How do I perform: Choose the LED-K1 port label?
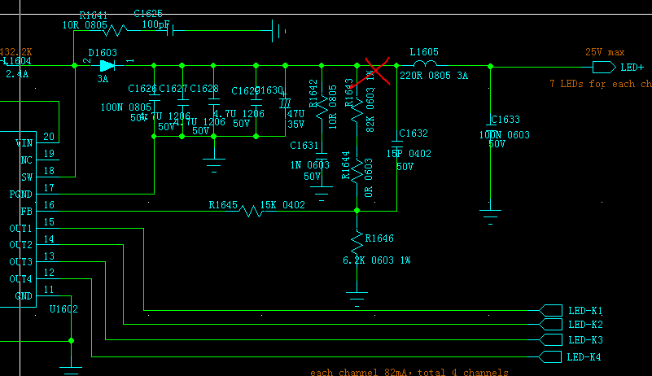tap(584, 311)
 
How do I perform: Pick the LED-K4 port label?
tap(584, 357)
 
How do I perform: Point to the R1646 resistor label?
tap(379, 238)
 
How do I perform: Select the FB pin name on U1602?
tap(26, 211)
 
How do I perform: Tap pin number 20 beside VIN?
tap(50, 137)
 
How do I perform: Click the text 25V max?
tap(604, 51)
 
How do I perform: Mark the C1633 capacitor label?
tap(505, 120)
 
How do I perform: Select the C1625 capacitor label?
tap(147, 14)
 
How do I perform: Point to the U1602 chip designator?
tap(63, 309)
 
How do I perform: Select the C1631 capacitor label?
tap(304, 146)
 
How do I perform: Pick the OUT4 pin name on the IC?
tap(21, 279)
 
